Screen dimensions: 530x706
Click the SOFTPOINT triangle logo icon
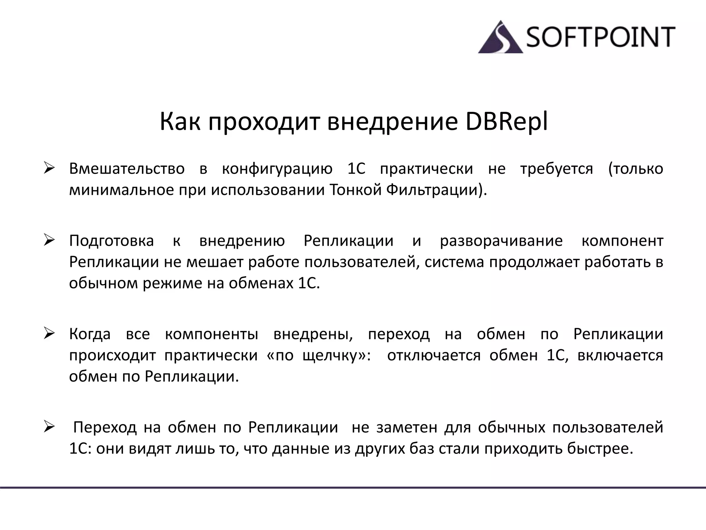pos(501,39)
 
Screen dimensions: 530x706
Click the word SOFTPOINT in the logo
pos(600,37)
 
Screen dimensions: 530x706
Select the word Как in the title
pos(180,122)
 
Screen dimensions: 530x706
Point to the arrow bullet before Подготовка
pos(50,240)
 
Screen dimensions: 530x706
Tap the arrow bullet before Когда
pos(50,334)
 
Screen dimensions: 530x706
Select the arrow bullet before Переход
pos(50,427)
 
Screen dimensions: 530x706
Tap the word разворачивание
pos(501,241)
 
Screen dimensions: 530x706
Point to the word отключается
pos(434,355)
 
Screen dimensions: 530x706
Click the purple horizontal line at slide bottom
pos(353,488)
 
